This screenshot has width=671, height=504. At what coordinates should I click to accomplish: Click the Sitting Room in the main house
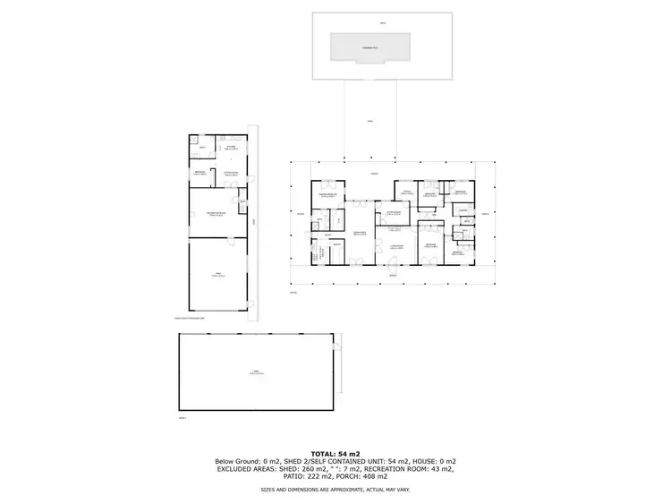coord(393,213)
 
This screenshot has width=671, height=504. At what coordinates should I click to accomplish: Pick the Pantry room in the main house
coord(338,244)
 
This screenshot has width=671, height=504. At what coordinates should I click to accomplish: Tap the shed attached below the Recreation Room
coord(215,275)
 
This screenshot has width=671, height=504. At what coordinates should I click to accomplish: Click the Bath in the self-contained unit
coord(203,148)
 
